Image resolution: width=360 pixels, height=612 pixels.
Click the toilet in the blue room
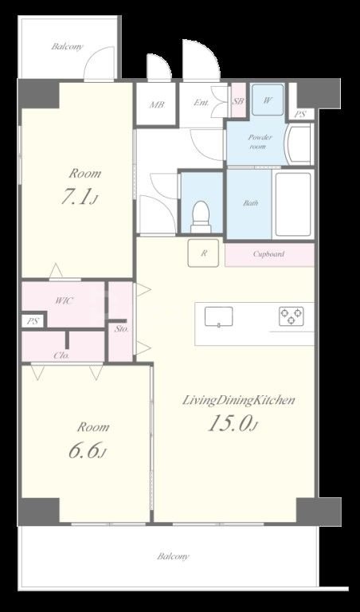(202, 217)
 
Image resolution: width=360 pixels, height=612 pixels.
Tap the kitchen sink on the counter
(219, 316)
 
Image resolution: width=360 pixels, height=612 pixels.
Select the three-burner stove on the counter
(292, 316)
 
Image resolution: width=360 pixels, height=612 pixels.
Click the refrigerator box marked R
(203, 253)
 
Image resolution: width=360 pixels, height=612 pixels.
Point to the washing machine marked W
(268, 100)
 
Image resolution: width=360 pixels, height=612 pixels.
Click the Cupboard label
(268, 253)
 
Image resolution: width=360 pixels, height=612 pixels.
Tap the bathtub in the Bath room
(293, 204)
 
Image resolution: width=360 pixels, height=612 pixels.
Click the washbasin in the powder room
(299, 144)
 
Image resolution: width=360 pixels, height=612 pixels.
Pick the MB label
(157, 104)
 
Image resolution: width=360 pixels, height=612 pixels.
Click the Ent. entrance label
(202, 103)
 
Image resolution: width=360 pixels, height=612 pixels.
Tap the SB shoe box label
(238, 101)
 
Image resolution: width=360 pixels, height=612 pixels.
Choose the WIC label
(65, 300)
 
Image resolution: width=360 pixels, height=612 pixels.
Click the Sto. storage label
(122, 328)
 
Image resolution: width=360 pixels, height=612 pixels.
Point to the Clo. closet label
(61, 355)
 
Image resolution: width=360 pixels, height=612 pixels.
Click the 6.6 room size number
(84, 450)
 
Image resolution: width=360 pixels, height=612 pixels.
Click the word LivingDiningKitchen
(238, 401)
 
